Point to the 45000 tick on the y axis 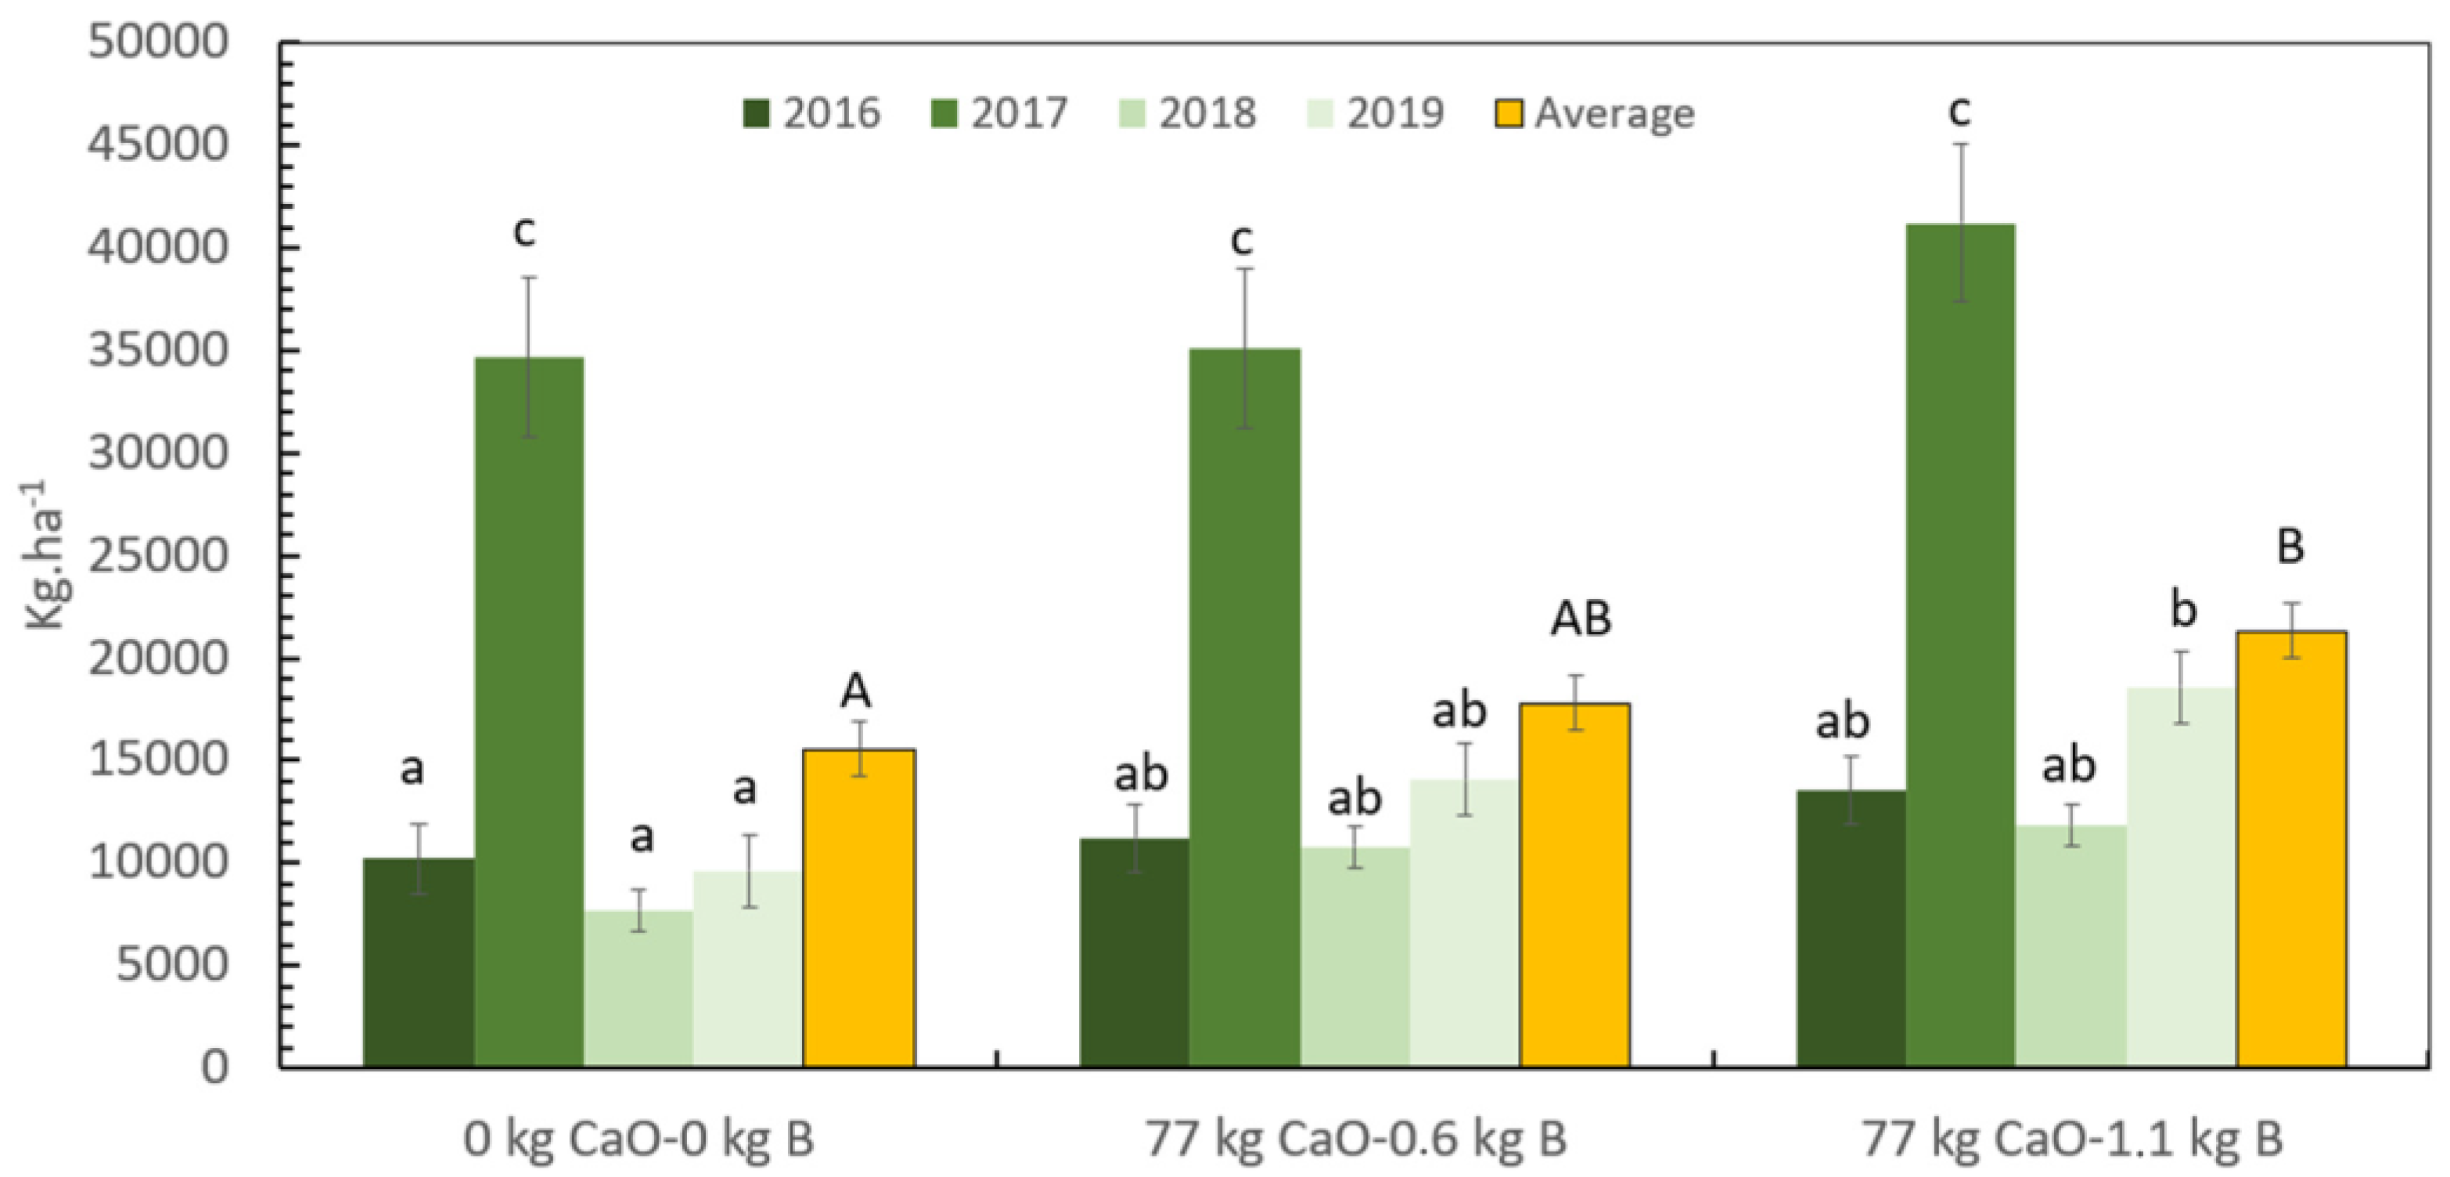pos(158,145)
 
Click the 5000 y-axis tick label pos(172,965)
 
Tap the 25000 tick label pos(158,555)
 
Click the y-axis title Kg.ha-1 pos(43,555)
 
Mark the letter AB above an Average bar pos(1581,619)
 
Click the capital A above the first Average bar pos(855,691)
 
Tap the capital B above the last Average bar pos(2290,547)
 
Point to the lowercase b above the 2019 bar pos(2182,608)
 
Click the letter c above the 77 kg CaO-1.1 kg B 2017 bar pos(1959,111)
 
